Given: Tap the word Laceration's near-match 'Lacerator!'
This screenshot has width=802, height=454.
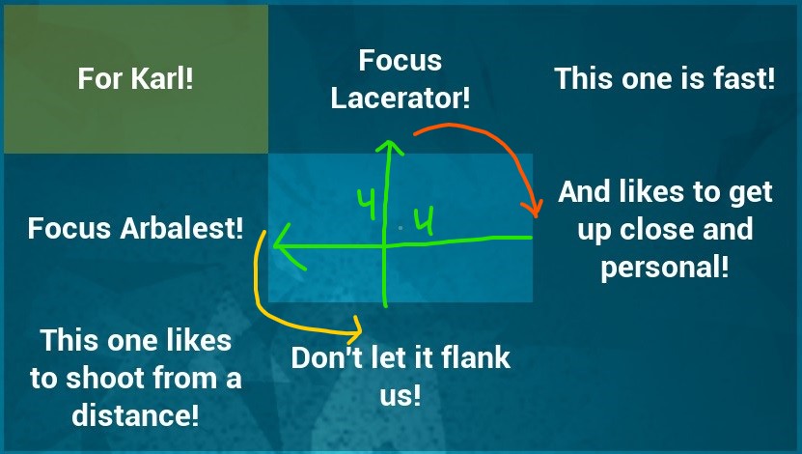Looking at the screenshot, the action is tap(401, 98).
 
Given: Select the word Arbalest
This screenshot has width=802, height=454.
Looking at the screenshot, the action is tap(181, 228).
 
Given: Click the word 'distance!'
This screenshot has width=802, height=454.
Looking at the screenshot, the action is tap(135, 414).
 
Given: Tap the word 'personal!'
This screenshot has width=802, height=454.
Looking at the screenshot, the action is tap(665, 268).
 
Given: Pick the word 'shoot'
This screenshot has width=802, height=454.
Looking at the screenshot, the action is tap(105, 378).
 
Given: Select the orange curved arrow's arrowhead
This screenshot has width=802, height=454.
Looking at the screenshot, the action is tap(533, 209).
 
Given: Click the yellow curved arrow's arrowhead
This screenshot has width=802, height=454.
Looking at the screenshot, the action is tap(354, 329).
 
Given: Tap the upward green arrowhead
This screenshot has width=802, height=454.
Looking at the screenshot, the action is tap(390, 148).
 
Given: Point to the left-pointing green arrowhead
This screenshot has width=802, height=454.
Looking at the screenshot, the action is tap(287, 245).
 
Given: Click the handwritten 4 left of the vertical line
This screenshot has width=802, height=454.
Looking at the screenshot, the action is tap(366, 204).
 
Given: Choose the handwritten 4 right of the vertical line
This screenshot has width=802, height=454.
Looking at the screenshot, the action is tap(424, 220).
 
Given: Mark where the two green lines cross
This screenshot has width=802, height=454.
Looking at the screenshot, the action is tap(385, 246).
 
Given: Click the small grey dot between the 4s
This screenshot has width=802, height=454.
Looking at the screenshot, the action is tap(401, 227).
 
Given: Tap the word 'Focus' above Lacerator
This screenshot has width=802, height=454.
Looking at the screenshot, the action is tap(400, 61).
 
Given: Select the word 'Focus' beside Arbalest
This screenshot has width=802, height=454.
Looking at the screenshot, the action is tap(69, 228).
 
